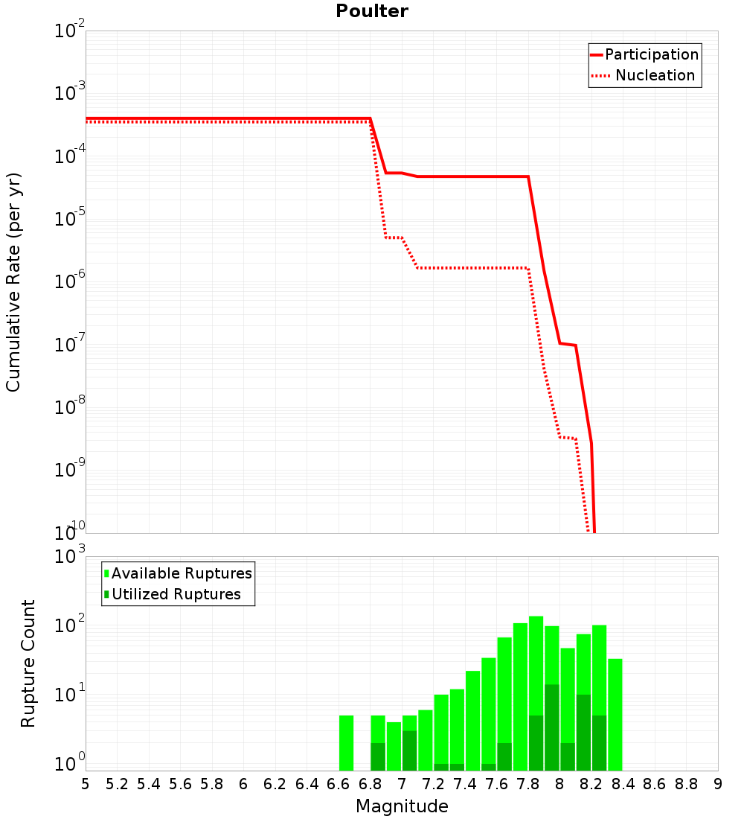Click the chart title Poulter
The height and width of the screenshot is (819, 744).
(372, 11)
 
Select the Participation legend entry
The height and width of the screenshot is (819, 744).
(644, 54)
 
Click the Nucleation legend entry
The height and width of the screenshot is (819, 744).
(643, 75)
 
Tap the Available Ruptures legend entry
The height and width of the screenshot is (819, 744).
(178, 573)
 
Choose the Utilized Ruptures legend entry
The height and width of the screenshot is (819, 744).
(173, 594)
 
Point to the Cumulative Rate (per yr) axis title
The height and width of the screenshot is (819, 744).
(13, 282)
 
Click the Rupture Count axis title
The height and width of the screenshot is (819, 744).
(28, 663)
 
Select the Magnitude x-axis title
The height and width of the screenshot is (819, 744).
(402, 806)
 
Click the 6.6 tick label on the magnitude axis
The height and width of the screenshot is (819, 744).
(338, 785)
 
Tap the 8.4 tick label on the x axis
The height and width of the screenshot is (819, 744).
(623, 785)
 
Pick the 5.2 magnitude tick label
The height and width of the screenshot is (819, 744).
(117, 785)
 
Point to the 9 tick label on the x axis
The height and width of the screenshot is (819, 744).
(718, 785)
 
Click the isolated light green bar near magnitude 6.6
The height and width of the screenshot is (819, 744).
(346, 743)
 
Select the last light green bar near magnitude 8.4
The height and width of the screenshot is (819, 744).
(615, 715)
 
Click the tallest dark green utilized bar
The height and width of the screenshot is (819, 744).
(552, 727)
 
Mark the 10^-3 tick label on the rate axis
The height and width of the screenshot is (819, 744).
(69, 92)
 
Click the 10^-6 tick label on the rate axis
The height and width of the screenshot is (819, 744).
(69, 281)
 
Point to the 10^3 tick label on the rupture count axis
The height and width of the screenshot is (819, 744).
(69, 555)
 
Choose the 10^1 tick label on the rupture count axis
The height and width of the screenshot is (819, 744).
(69, 695)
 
